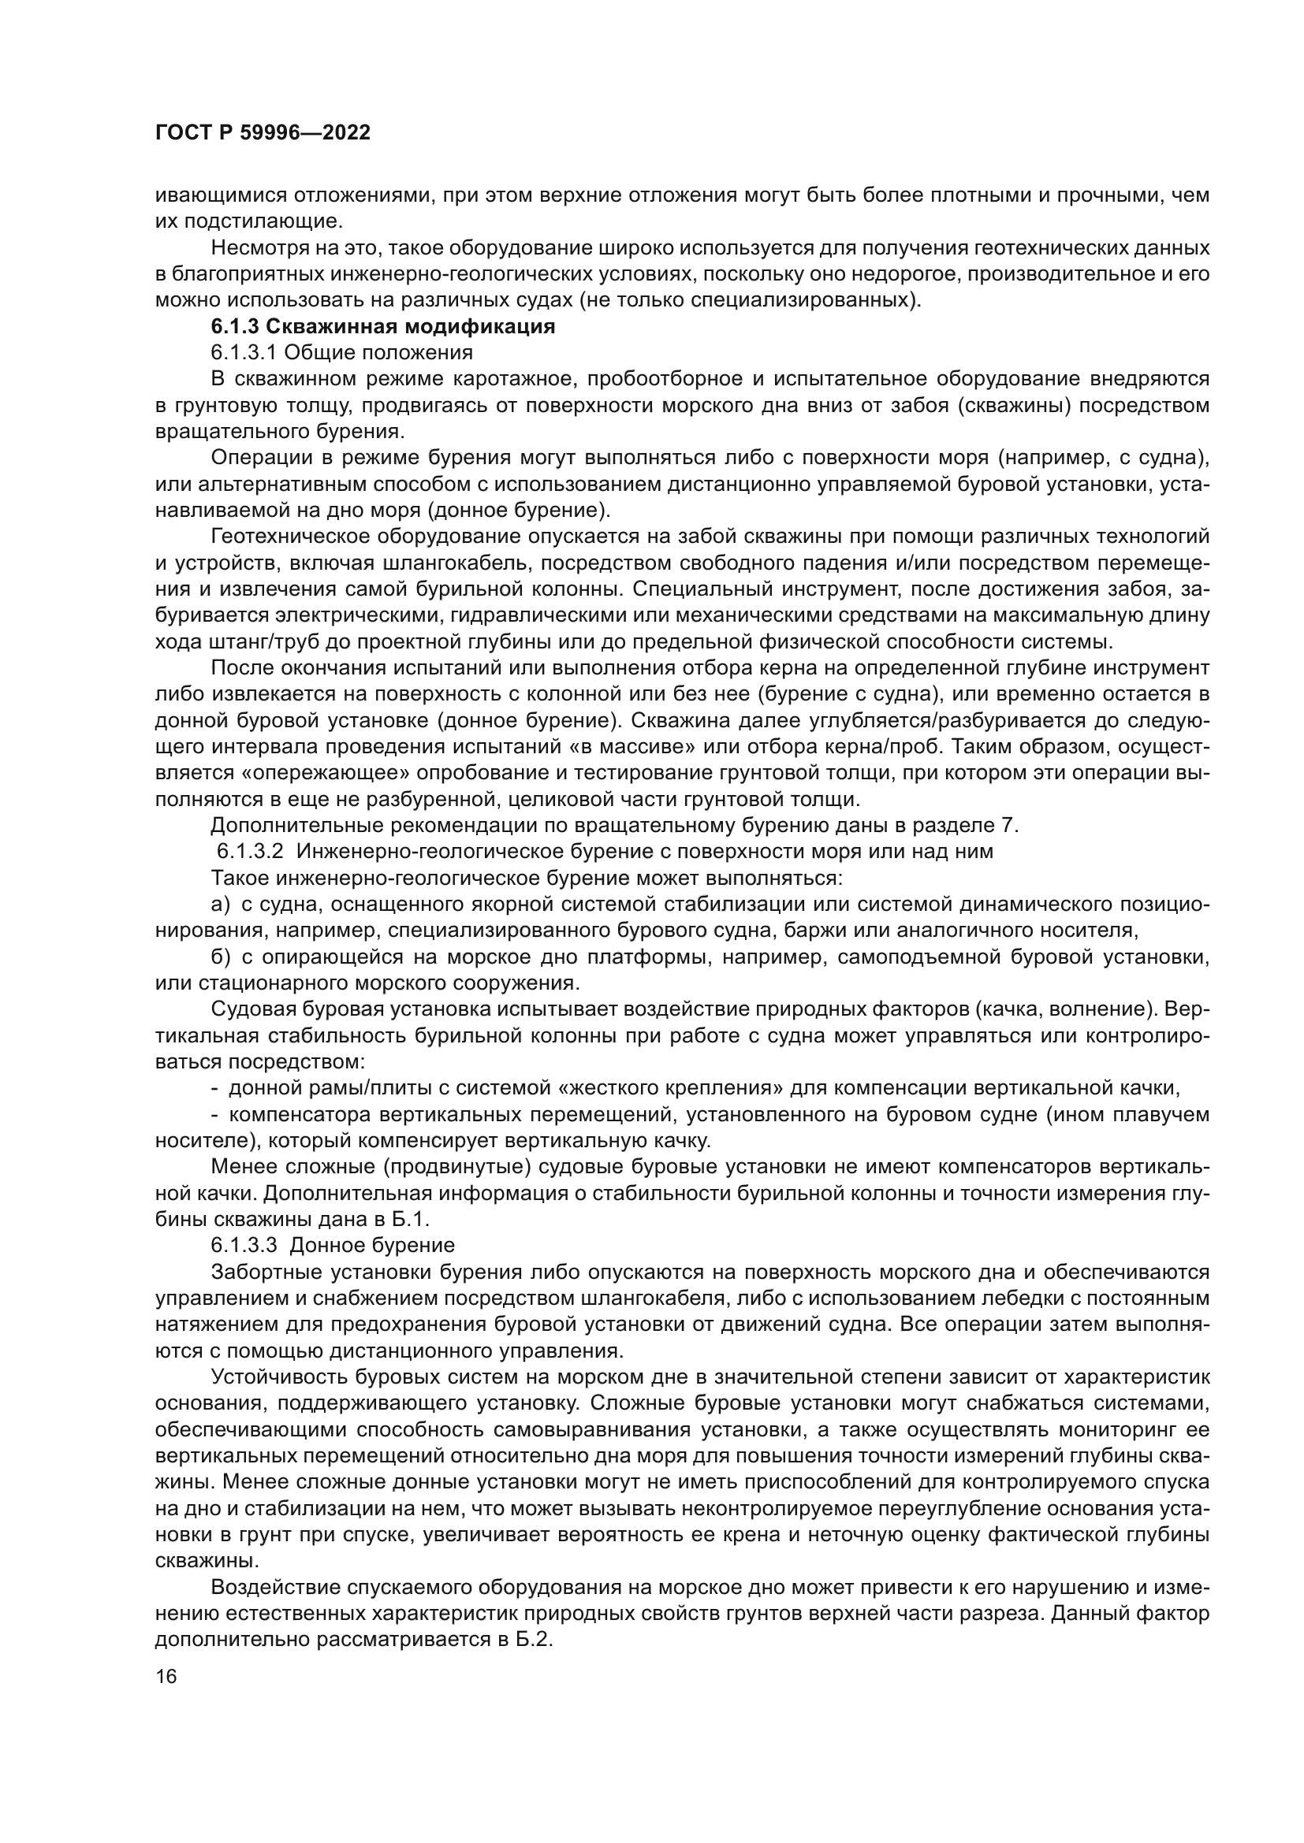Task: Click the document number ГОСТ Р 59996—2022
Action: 262,133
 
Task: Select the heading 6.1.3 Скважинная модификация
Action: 383,327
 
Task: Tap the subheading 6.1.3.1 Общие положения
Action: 341,352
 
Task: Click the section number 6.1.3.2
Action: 249,851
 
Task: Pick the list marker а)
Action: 221,904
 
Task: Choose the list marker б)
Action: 221,957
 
